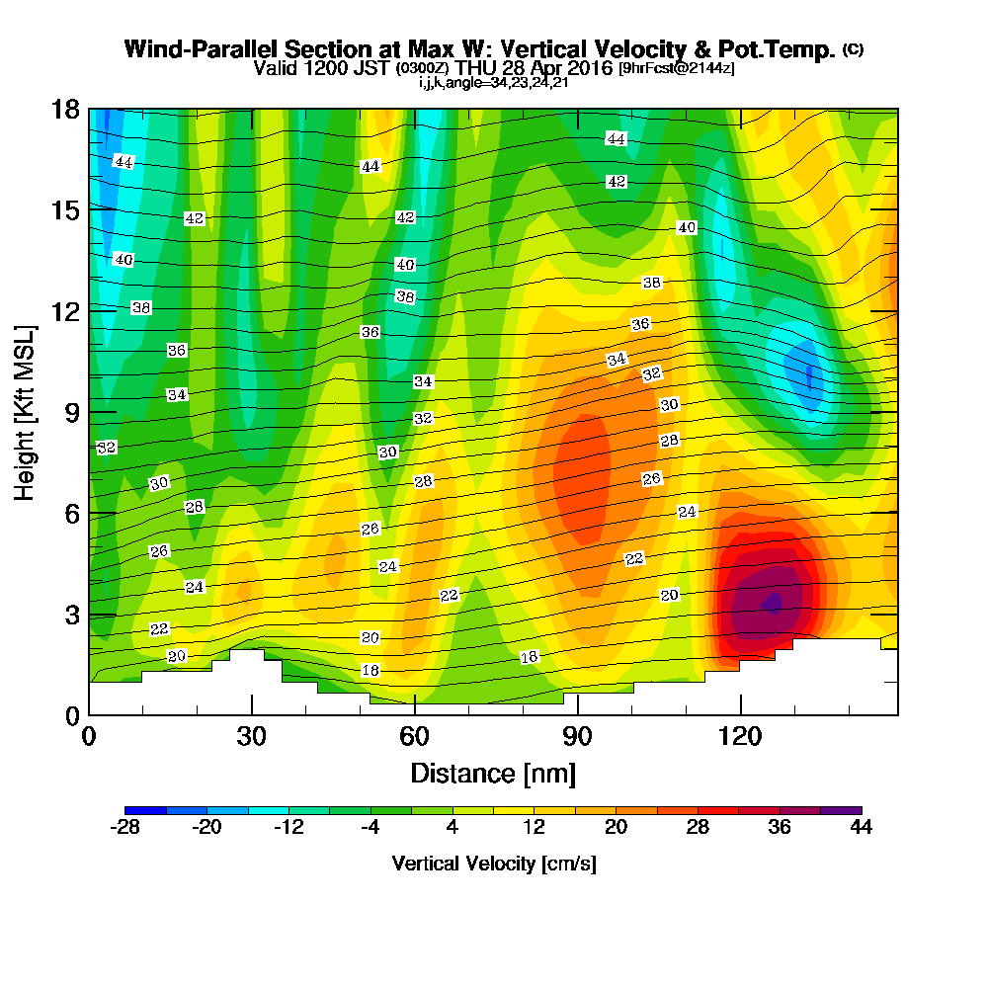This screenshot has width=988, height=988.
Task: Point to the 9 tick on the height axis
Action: [71, 412]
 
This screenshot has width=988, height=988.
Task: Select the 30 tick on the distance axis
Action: [252, 737]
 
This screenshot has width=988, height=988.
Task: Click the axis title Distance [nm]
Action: [493, 773]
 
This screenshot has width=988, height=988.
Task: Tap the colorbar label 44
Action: [862, 828]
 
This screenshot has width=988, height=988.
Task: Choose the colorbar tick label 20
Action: [616, 828]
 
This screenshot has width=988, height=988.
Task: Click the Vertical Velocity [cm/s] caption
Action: [493, 864]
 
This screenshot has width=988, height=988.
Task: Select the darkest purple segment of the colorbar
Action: [841, 810]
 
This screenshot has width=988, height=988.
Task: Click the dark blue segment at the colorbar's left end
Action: [145, 810]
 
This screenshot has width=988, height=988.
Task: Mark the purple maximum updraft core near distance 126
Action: [773, 602]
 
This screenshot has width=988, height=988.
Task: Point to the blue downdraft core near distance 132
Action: [809, 375]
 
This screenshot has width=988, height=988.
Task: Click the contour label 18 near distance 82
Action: [530, 658]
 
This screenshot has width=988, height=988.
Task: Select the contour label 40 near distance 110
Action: [687, 228]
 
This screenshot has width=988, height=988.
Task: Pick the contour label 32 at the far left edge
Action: [107, 448]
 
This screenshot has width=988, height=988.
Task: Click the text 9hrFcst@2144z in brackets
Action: [676, 69]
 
